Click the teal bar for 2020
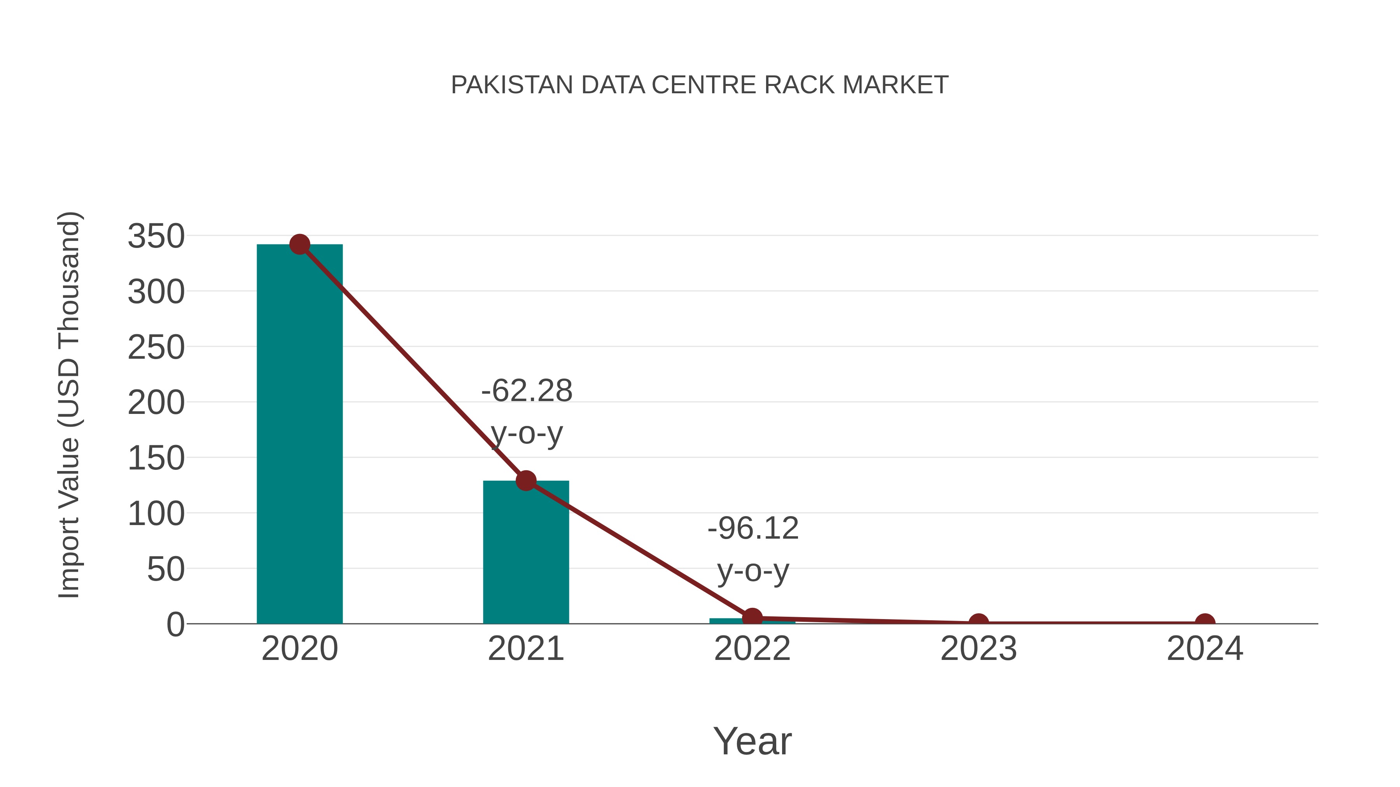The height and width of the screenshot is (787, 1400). (x=299, y=435)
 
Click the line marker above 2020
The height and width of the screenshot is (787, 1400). (x=299, y=244)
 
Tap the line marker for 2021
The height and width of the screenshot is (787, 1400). (x=525, y=481)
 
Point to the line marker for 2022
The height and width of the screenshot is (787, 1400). (x=752, y=618)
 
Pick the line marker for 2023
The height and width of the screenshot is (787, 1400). (x=978, y=623)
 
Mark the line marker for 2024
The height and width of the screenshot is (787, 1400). (x=1205, y=623)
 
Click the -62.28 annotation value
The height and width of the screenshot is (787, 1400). (x=527, y=391)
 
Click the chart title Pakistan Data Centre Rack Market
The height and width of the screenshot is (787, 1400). (x=700, y=85)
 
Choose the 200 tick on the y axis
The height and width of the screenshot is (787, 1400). (x=156, y=403)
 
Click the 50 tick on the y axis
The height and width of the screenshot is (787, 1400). (x=166, y=569)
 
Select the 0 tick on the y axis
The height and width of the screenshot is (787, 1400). (x=175, y=625)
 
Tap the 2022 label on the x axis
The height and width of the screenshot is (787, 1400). (x=752, y=649)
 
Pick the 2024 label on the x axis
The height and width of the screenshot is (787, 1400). (x=1205, y=649)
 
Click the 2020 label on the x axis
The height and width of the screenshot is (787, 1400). (x=299, y=649)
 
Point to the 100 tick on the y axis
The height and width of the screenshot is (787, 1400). (x=156, y=514)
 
